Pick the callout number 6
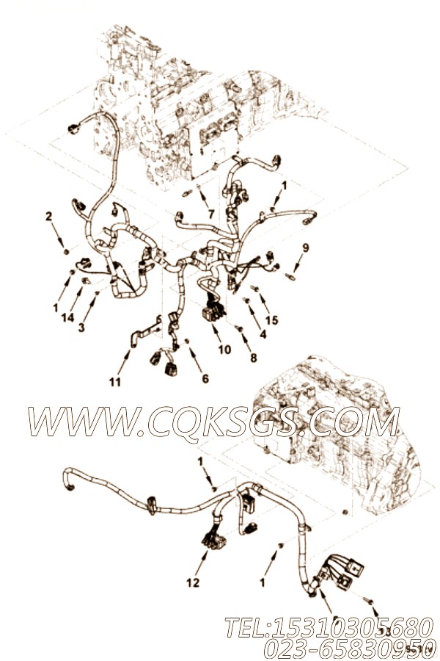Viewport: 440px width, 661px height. tap(205, 378)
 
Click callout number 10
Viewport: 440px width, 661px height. tap(224, 350)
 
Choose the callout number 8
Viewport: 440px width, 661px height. tap(253, 358)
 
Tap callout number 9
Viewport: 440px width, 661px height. tap(306, 247)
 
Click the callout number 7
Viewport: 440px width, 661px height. tap(211, 214)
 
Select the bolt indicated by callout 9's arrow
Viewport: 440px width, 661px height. tap(292, 278)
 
